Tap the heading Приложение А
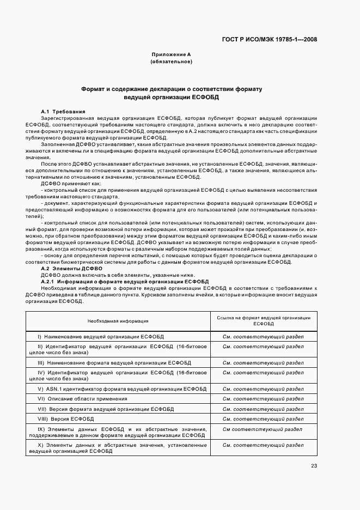pos(171,55)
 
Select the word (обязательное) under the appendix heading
pos(171,62)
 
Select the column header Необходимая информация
pos(118,321)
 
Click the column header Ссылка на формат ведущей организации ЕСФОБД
pos(263,321)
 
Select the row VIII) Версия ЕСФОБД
pos(66,419)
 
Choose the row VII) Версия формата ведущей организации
pos(106,409)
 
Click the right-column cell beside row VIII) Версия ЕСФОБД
pos(263,419)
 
